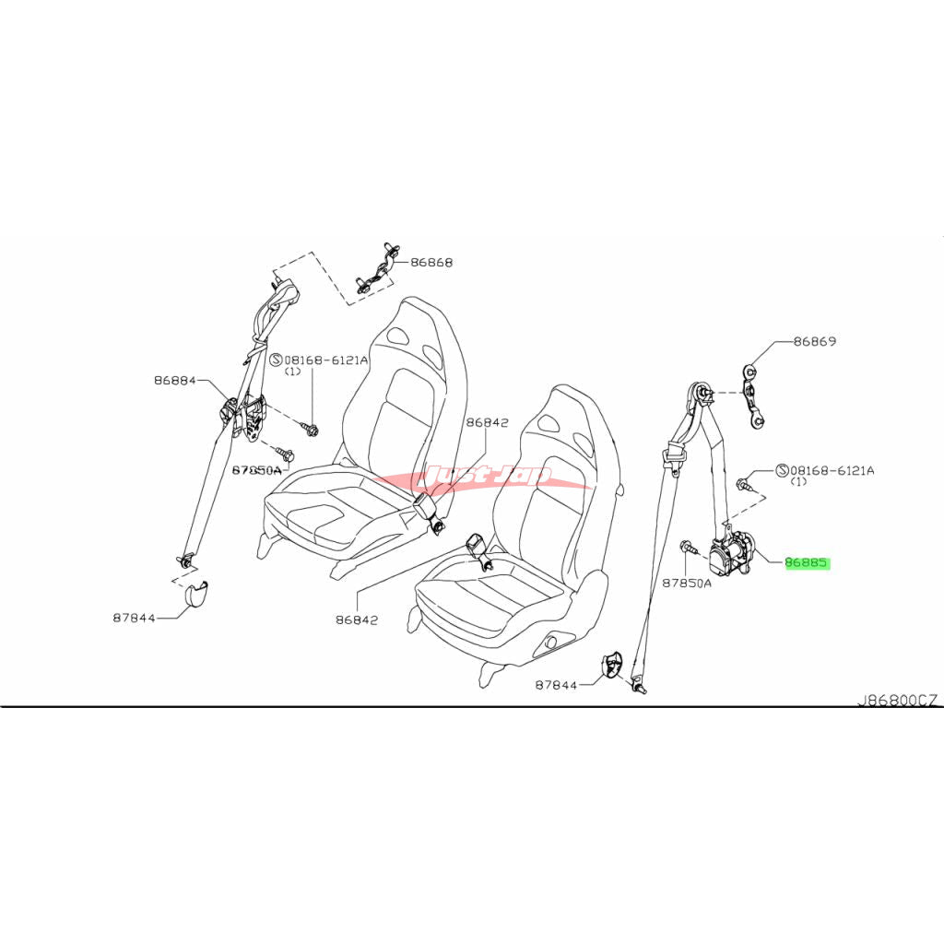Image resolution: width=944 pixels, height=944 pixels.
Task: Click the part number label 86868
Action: pos(431,262)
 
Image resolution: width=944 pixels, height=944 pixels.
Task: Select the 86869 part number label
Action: pos(816,341)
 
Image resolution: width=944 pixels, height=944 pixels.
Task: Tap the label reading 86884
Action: pos(175,379)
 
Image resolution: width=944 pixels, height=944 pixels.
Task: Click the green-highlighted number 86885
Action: pos(808,562)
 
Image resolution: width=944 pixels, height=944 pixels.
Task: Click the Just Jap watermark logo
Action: pos(489,477)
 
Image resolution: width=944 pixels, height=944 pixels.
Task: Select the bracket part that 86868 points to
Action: pos(375,273)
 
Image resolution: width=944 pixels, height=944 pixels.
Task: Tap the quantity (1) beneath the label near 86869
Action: pos(798,481)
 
